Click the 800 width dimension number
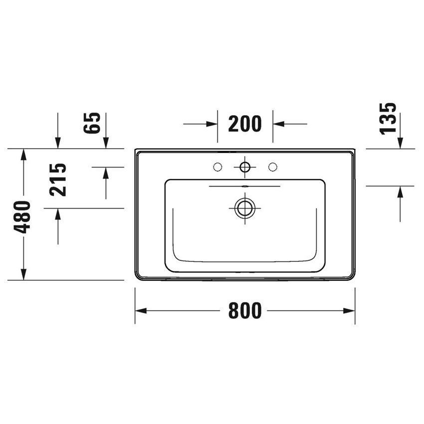click(x=245, y=311)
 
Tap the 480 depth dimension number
click(x=23, y=217)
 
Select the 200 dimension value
click(x=245, y=124)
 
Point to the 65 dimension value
click(x=93, y=123)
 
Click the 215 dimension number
click(x=58, y=180)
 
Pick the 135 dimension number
click(x=388, y=118)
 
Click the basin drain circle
click(x=245, y=208)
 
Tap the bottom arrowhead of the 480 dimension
click(x=23, y=274)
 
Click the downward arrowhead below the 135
click(x=401, y=143)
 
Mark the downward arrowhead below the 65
click(x=106, y=143)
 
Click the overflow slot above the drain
click(x=245, y=186)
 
